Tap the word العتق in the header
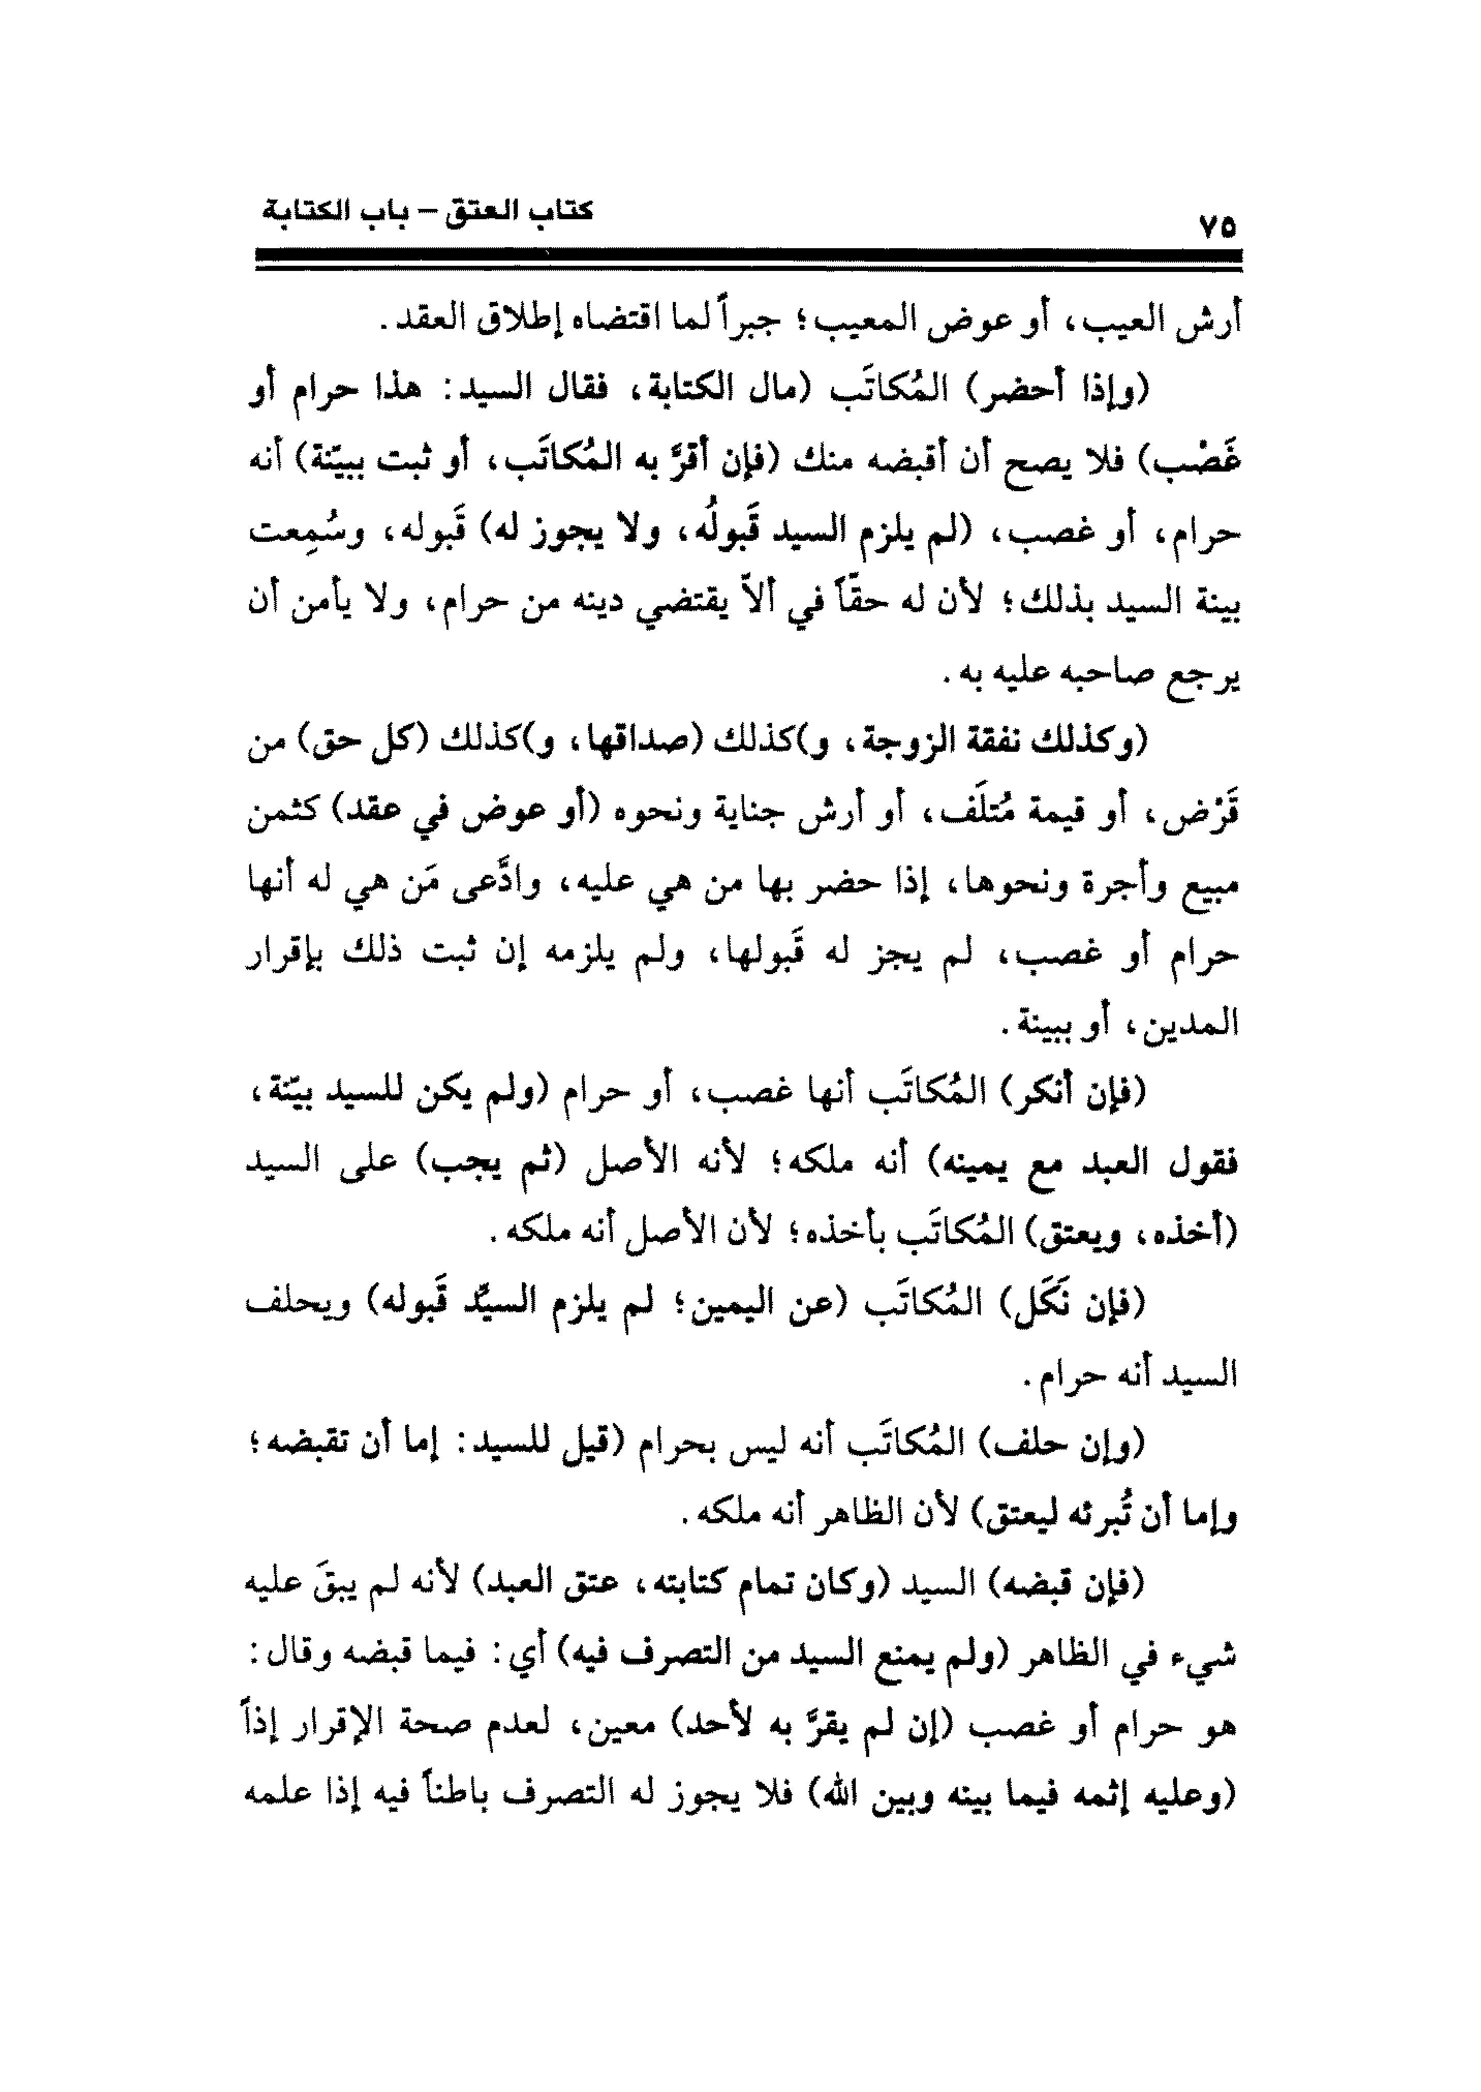(482, 213)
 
